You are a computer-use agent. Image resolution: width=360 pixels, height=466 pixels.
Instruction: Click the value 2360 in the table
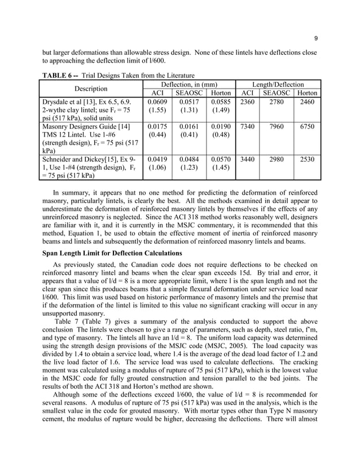click(x=247, y=102)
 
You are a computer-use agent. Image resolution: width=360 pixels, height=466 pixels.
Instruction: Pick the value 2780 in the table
click(x=277, y=102)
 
